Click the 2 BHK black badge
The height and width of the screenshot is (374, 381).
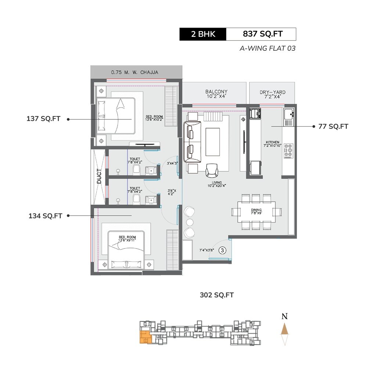(x=203, y=34)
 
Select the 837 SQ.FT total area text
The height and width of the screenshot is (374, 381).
(x=262, y=34)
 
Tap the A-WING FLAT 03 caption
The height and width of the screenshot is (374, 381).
(x=267, y=48)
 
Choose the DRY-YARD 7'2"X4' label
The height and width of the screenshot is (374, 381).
(x=272, y=95)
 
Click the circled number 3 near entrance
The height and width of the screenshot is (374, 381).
(x=222, y=250)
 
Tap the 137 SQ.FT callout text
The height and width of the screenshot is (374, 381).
(x=43, y=119)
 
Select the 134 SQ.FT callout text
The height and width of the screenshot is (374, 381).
(x=45, y=216)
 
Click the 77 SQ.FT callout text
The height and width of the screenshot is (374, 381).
(x=333, y=126)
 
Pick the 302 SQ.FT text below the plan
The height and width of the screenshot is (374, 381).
(x=217, y=295)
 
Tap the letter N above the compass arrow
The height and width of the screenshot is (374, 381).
(x=284, y=316)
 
